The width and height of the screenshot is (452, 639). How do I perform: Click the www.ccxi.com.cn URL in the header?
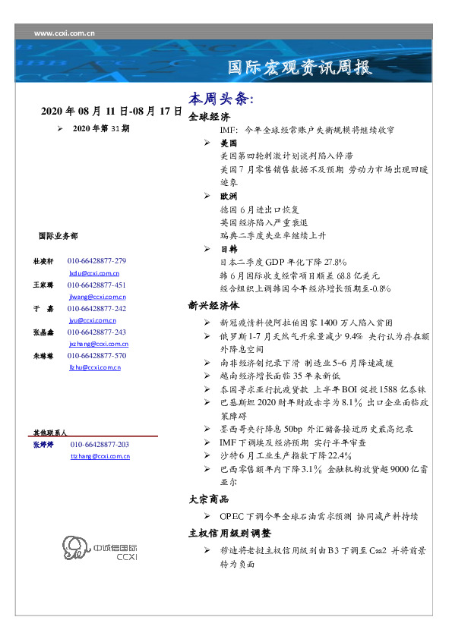[64, 33]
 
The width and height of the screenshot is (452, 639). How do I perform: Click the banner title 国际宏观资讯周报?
[300, 68]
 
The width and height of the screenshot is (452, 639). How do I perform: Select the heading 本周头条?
[220, 99]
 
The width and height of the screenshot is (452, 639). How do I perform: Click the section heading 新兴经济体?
[213, 306]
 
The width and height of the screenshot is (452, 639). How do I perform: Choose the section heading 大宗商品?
[209, 499]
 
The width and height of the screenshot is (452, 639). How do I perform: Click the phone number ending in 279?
[96, 260]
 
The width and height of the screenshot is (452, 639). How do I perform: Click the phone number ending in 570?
[96, 355]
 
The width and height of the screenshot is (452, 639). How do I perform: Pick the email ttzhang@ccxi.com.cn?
[100, 456]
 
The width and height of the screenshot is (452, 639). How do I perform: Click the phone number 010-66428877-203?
[100, 444]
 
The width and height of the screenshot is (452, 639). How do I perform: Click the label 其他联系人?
[50, 432]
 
